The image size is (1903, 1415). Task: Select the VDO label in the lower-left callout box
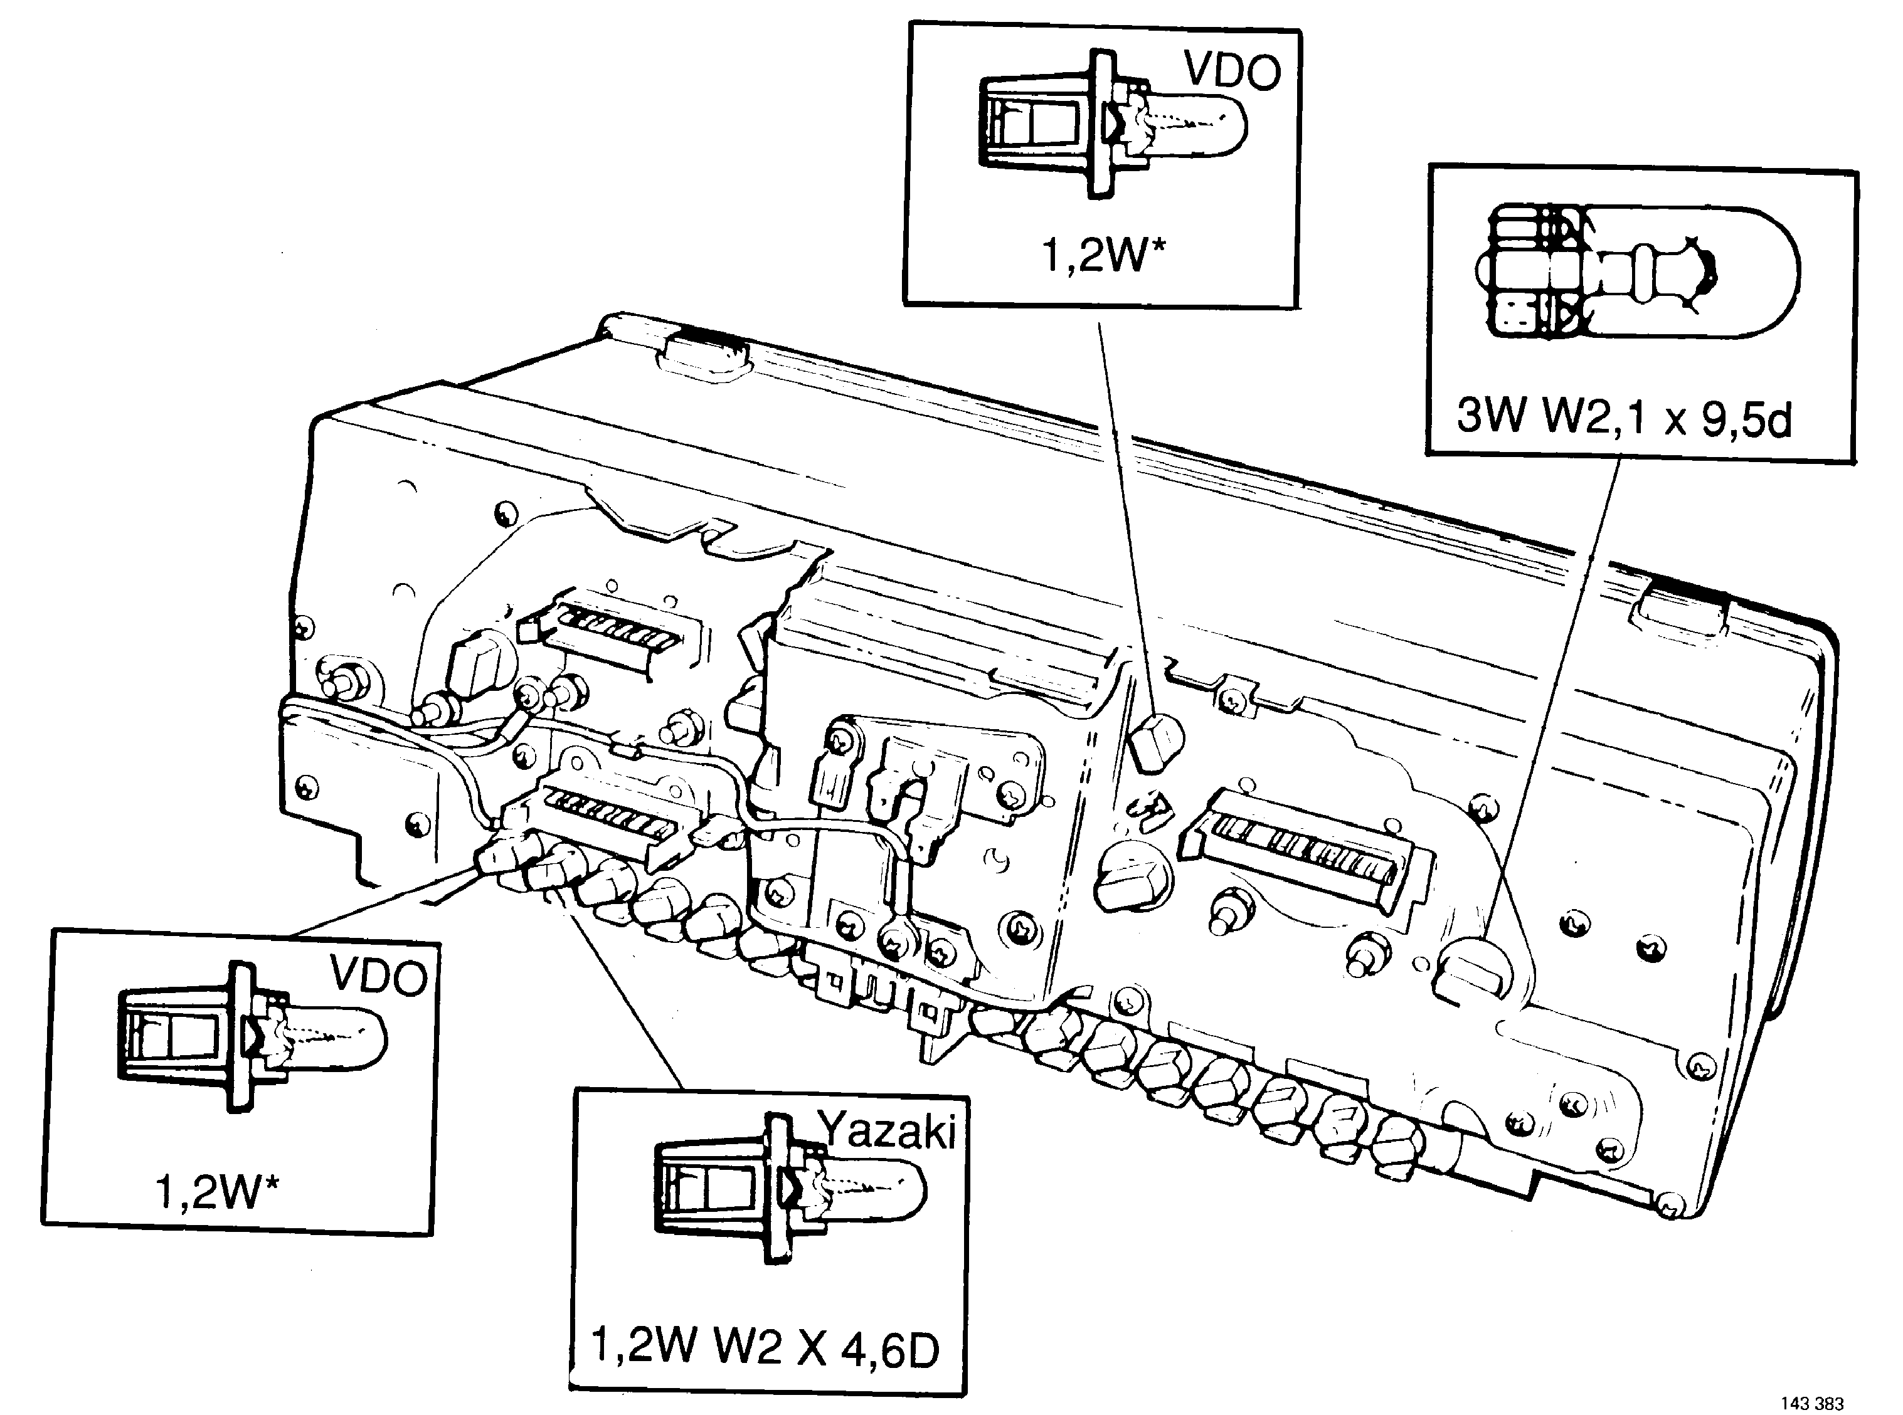click(378, 976)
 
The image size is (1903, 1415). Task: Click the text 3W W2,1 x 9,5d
click(1625, 419)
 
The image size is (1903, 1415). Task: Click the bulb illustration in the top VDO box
click(1112, 124)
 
